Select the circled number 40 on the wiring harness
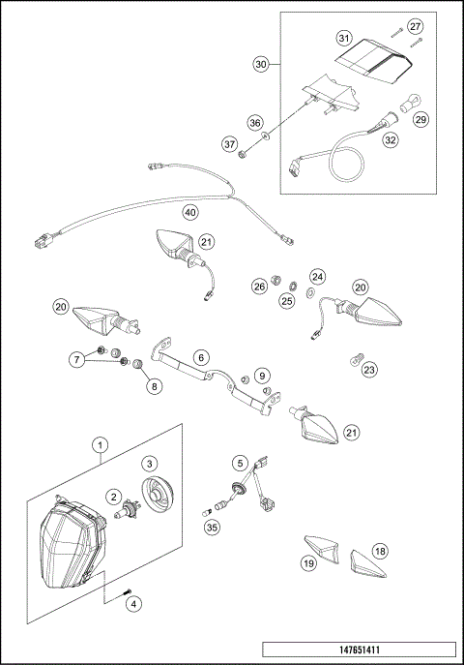190,211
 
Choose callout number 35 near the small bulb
210,528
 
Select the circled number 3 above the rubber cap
151,464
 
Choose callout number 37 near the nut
231,144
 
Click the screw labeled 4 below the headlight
125,592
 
